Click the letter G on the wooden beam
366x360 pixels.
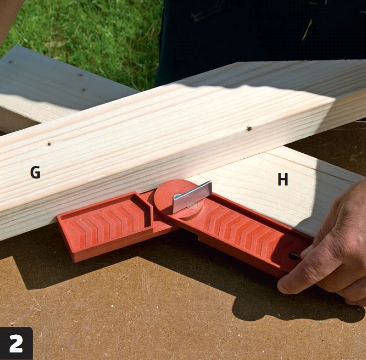35,172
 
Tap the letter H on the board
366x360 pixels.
283,179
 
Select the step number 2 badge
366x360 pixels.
16,343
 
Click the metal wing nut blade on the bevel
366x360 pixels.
193,197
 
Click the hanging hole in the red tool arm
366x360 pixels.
294,256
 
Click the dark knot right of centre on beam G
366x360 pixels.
249,128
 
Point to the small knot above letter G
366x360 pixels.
49,144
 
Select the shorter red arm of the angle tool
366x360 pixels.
105,225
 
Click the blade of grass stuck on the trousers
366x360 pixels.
307,29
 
